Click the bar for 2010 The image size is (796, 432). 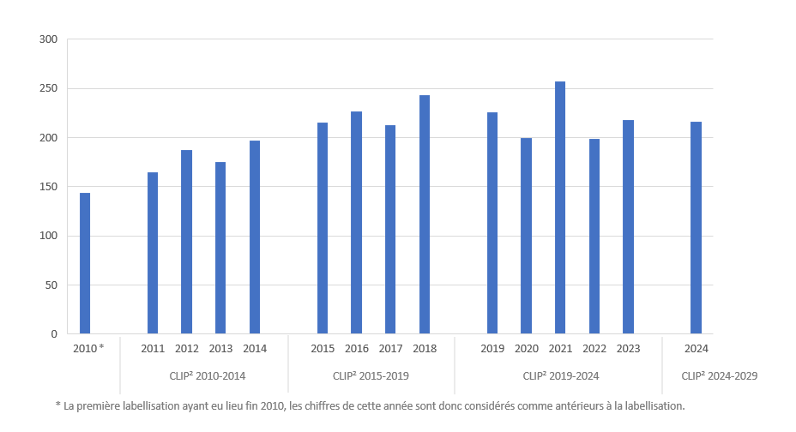85,263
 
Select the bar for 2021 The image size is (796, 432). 560,207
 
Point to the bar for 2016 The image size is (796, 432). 357,222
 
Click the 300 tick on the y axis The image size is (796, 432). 48,39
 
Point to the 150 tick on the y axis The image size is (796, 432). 48,187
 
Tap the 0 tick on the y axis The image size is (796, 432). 53,334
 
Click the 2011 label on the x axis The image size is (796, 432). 153,349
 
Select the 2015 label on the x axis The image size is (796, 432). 323,349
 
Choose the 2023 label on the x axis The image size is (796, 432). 628,349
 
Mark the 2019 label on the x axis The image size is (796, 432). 492,349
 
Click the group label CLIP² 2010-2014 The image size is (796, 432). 203,375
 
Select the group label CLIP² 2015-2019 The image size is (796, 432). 371,375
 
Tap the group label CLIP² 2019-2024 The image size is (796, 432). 560,375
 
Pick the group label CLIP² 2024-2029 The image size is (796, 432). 719,375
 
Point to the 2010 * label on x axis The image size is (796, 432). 88,349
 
